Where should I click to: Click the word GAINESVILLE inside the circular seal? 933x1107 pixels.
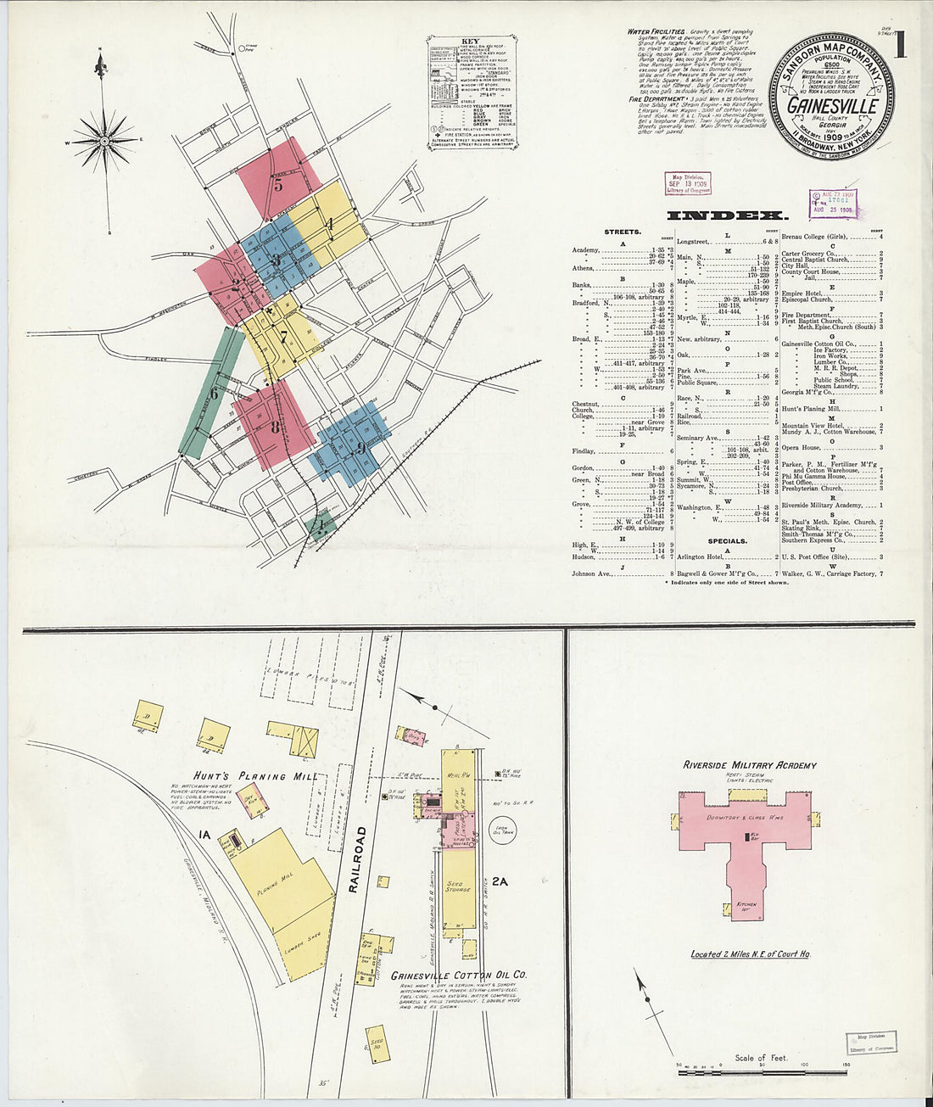pos(831,106)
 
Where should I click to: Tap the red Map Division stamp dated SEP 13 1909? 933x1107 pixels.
pos(688,183)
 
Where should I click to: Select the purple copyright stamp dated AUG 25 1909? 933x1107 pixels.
pos(833,204)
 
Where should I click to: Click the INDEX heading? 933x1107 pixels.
pos(728,215)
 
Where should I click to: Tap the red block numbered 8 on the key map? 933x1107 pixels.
pos(273,427)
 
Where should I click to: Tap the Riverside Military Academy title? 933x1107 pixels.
pos(750,765)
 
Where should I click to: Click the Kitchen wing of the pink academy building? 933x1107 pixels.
pos(746,903)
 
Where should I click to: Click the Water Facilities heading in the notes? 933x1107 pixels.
pos(656,31)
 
